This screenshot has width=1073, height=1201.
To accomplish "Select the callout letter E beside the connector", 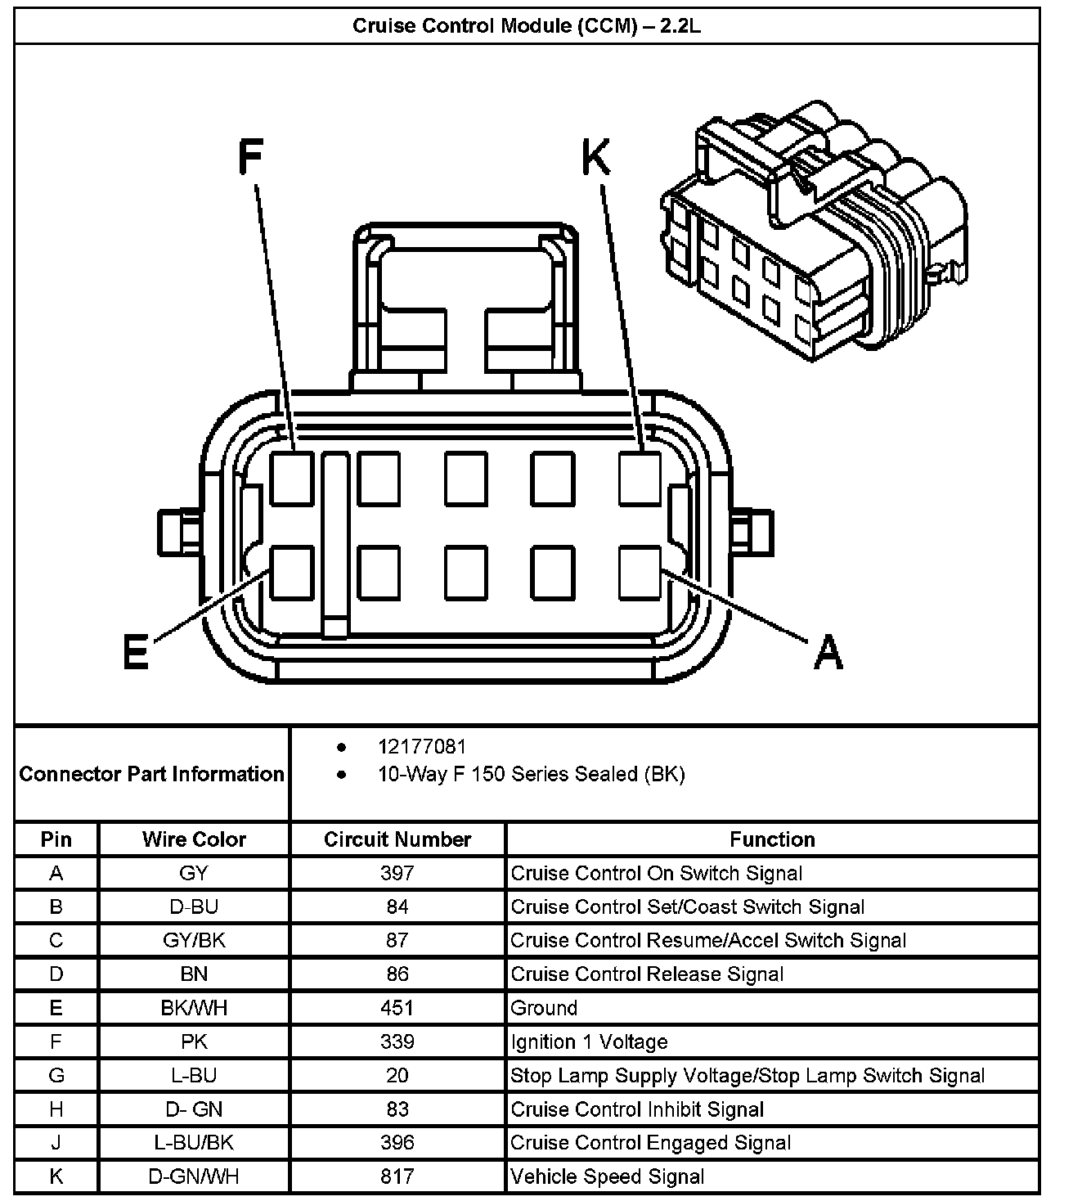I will point(135,652).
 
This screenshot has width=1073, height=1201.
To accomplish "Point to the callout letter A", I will point(828,652).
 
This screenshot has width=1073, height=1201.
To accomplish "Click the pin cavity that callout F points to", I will point(292,478).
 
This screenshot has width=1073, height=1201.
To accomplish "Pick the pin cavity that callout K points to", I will point(640,478).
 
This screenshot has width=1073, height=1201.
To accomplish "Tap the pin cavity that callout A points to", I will point(640,572).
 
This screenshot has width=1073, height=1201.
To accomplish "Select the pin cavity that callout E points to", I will point(292,572).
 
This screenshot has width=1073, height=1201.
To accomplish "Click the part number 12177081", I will point(422,746).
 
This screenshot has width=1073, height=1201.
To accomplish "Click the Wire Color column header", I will point(194,839).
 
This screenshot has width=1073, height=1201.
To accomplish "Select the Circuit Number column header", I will point(397,839).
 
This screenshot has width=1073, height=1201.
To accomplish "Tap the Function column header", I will point(772,839).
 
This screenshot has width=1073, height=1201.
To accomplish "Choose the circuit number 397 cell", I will point(397,873).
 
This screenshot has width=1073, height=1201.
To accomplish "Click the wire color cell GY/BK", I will point(194,940).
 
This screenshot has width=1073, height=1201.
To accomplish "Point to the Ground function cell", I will point(544,1008).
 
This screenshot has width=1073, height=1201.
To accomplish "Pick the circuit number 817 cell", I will point(397,1176).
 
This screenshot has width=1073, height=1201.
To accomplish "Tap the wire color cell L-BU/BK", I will point(194,1143).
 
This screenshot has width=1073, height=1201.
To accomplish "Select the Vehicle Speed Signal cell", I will point(607,1176).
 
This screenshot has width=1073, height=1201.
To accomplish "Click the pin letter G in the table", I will point(56,1075).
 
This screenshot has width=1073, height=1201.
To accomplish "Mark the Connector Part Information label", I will point(151,774).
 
